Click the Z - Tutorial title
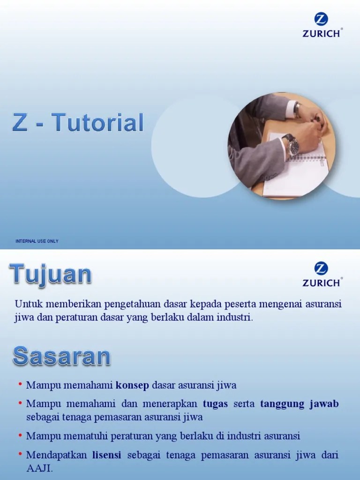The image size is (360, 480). pyautogui.click(x=77, y=122)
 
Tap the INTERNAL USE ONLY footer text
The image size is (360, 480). pyautogui.click(x=37, y=241)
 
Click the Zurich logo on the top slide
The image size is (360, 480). pyautogui.click(x=321, y=26)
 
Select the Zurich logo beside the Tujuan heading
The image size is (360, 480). pyautogui.click(x=321, y=275)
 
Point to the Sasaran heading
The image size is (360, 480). pyautogui.click(x=61, y=356)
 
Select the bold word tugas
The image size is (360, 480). pyautogui.click(x=215, y=404)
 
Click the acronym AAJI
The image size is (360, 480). pyautogui.click(x=39, y=468)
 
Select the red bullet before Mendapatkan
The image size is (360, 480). pyautogui.click(x=21, y=454)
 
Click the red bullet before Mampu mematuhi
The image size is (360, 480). pyautogui.click(x=21, y=435)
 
